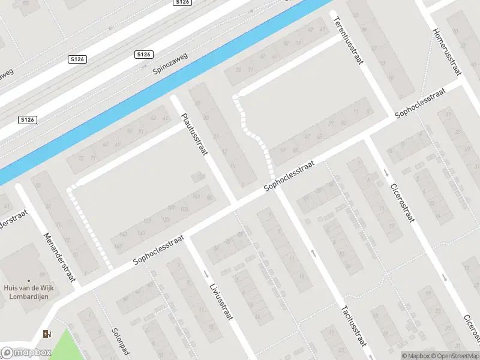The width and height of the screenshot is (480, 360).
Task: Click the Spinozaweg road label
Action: pos(170,62)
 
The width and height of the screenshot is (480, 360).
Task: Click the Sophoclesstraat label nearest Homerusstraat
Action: pos(420,103)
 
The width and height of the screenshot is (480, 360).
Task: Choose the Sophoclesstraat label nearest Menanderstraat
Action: pos(158,250)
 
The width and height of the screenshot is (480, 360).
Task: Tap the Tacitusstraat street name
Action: pos(352,326)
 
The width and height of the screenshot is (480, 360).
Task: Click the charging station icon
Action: pos(47,334)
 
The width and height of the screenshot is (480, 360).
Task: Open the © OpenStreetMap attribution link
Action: pos(453,356)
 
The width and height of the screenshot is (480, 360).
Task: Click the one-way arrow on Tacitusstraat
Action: pos(313,253)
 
